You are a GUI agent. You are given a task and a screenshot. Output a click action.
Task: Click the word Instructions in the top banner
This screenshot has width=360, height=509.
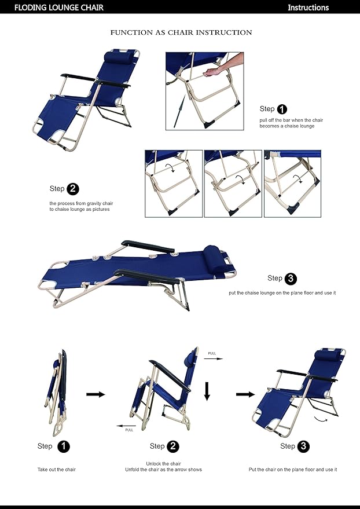tap(308, 8)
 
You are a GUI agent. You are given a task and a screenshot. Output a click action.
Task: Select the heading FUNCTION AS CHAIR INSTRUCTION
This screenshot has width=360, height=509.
tap(181, 32)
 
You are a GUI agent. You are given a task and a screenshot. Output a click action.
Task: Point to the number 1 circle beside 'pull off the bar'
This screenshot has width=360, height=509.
tap(282, 109)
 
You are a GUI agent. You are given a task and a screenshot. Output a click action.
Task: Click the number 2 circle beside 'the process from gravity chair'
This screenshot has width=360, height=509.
tap(73, 189)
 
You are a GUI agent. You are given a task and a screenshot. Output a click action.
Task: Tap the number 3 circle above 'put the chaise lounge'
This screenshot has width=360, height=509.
tap(291, 279)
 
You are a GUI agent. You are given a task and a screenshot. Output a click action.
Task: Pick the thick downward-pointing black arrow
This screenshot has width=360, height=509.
tap(207, 391)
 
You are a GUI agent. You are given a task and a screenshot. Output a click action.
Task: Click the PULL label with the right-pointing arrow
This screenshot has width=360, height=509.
tap(214, 356)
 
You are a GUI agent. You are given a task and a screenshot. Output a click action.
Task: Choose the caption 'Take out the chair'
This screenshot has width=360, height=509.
tap(57, 470)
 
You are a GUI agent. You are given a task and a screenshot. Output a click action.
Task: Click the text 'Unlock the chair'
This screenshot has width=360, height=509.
tap(164, 463)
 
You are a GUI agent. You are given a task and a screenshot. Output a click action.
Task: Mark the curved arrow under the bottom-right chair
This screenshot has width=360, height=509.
tap(324, 419)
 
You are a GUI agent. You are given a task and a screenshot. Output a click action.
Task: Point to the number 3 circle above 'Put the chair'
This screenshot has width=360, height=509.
tap(304, 446)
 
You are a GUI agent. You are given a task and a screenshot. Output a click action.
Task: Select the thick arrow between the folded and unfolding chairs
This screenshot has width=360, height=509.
tap(95, 394)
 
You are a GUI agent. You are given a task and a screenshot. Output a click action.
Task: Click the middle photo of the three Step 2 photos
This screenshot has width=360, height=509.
tap(233, 184)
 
